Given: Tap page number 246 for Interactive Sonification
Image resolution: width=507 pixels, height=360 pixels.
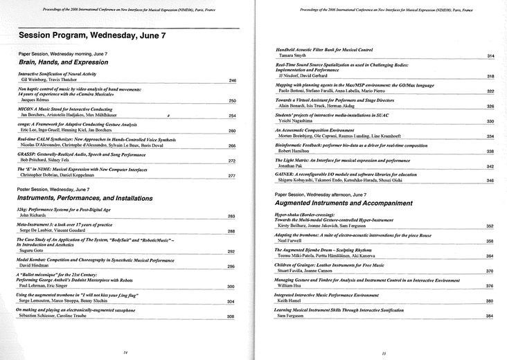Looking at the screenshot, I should pos(232,81).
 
